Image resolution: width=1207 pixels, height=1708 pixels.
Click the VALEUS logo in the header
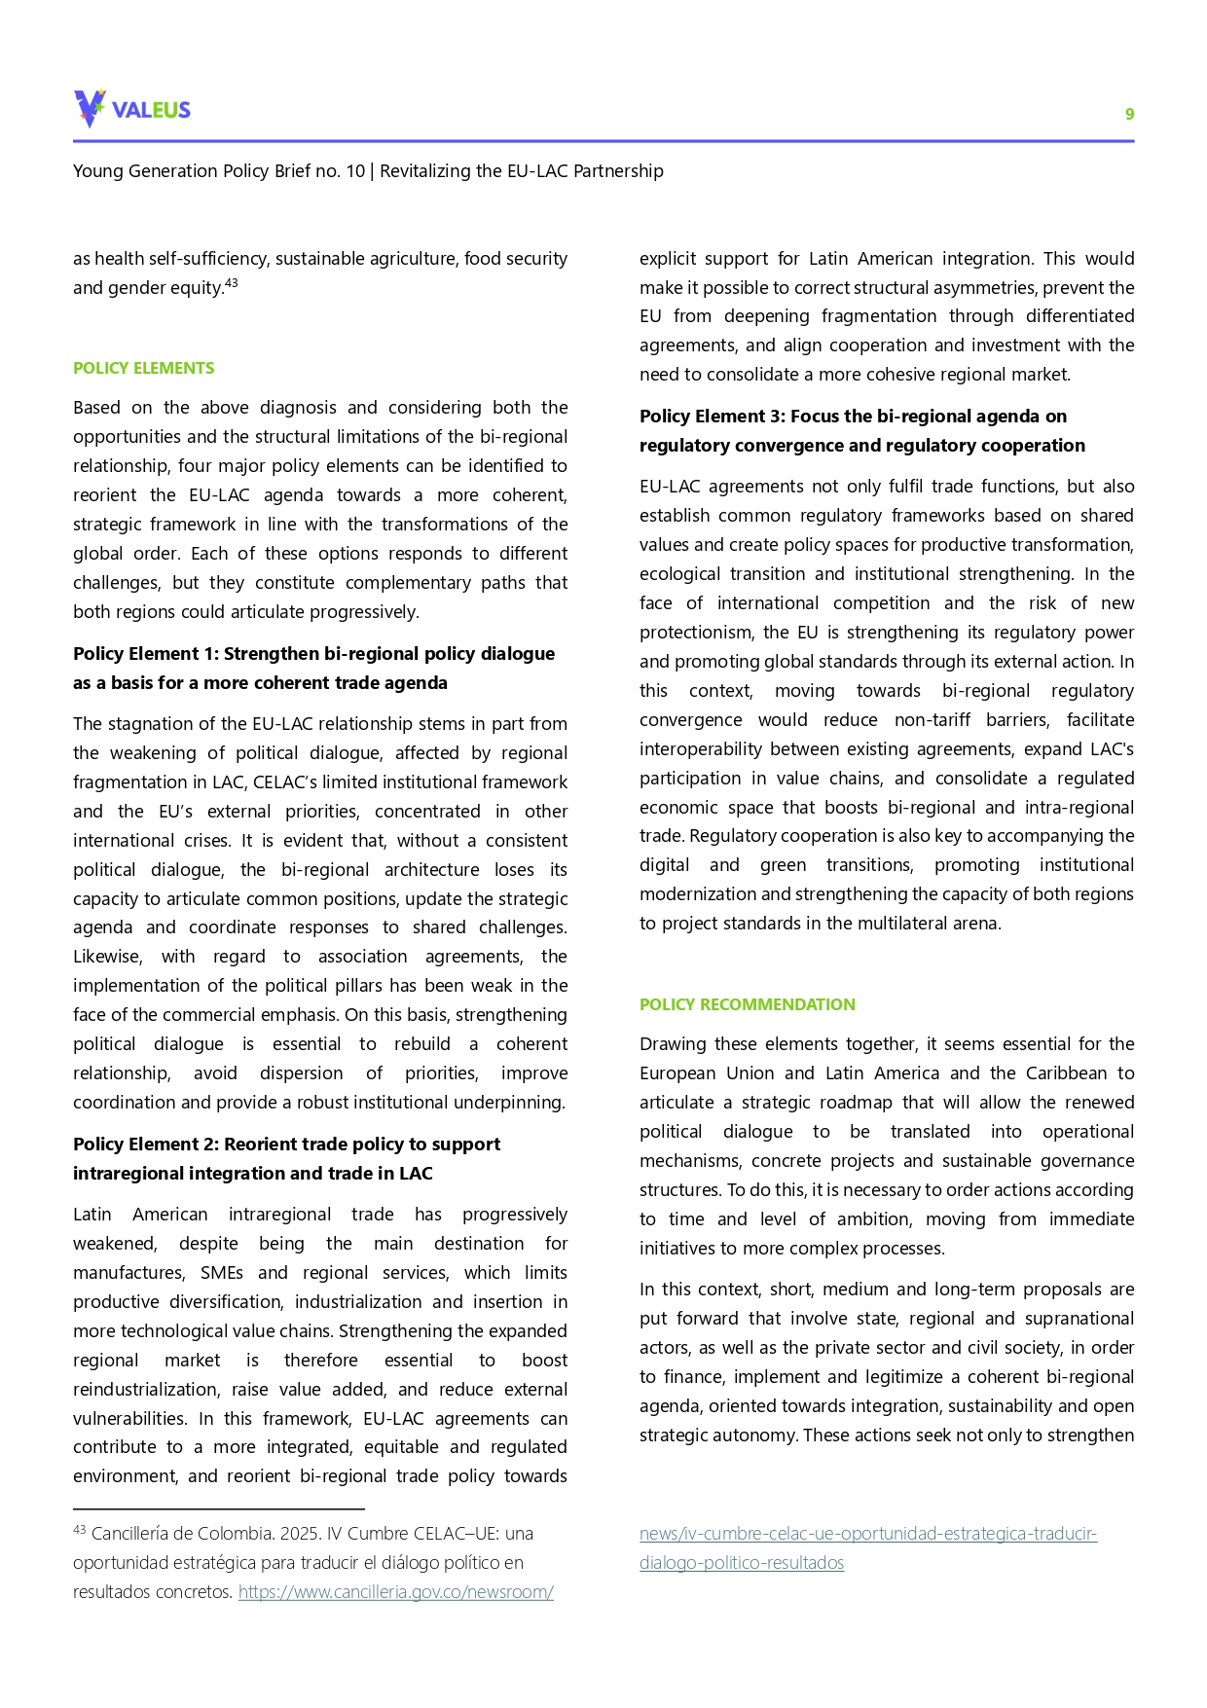[x=132, y=109]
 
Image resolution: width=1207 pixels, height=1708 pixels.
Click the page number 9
[x=1129, y=114]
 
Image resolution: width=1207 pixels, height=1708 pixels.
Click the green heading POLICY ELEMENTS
[x=144, y=368]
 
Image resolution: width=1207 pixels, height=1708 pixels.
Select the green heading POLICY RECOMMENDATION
[x=747, y=1004]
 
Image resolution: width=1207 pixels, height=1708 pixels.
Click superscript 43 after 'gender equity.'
[x=232, y=283]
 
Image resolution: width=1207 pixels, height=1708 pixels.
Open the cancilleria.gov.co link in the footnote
[x=395, y=1592]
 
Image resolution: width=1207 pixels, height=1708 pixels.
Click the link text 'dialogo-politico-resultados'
[x=741, y=1563]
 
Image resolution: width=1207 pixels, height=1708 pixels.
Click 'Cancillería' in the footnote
[x=134, y=1534]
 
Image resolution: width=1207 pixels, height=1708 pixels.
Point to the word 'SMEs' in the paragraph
[x=222, y=1273]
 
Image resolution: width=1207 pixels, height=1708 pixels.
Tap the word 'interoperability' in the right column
[x=701, y=749]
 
